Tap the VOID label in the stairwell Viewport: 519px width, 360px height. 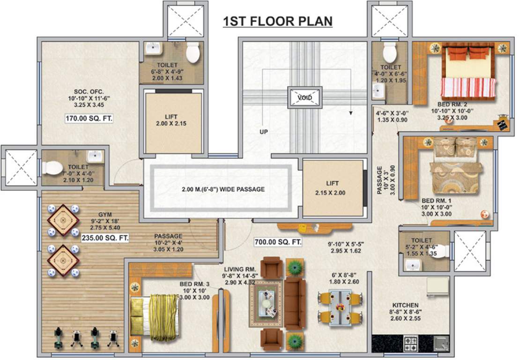[x=305, y=97]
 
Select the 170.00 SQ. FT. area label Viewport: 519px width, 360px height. [x=89, y=120]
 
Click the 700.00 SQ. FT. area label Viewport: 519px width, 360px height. [x=277, y=242]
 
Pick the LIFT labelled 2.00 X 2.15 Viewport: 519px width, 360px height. [x=173, y=120]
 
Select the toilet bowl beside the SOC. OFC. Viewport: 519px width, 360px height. [x=193, y=53]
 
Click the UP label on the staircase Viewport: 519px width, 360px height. [x=264, y=132]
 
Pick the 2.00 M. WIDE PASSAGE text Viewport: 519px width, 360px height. [x=223, y=189]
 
